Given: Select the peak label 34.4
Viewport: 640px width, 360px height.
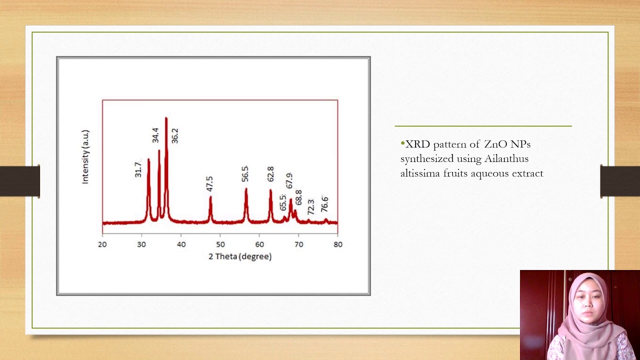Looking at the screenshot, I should point(155,135).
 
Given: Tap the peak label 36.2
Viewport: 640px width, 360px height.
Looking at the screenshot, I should point(174,135).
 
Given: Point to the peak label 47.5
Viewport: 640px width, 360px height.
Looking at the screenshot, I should point(209,183).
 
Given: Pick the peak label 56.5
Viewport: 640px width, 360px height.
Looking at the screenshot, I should point(245,174).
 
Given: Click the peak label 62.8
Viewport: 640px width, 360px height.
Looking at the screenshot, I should point(270,174).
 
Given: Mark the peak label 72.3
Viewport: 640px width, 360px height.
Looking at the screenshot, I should point(310,207).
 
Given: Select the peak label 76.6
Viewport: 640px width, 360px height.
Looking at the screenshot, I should point(324,204).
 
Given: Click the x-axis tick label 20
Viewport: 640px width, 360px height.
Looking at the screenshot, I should point(102,244).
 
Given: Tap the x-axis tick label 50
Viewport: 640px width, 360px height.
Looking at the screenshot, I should point(220,244).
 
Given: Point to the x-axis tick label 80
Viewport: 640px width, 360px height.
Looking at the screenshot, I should point(338,244).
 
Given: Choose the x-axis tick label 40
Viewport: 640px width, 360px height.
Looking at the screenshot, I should point(181,244).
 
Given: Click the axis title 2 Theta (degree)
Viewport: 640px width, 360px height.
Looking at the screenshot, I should point(240,256).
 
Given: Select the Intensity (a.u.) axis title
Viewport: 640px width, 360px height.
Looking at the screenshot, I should point(85,156).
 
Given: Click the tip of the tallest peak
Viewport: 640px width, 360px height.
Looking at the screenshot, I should point(166,118).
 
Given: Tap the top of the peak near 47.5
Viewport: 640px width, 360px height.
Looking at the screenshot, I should point(210,197).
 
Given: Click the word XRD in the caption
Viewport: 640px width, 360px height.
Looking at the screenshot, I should point(416,144).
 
